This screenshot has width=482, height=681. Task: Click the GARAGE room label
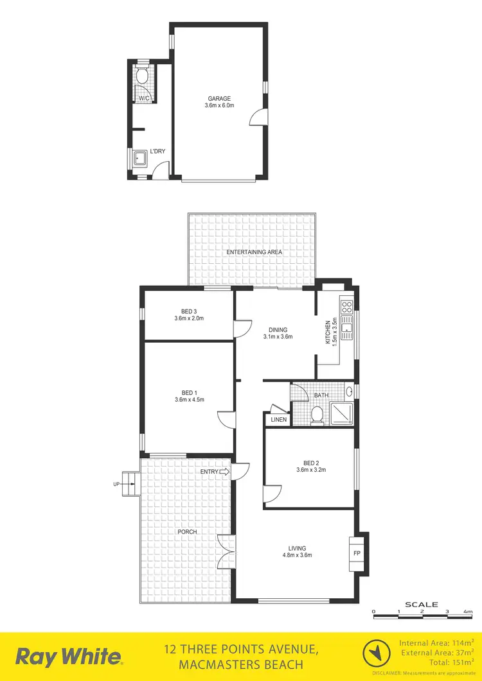(x=218, y=99)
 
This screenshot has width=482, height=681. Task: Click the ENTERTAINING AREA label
(x=254, y=252)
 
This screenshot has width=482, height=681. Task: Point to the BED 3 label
(x=188, y=311)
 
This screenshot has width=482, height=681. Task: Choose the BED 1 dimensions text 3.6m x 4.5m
(x=188, y=400)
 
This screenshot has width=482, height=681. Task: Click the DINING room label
(x=278, y=329)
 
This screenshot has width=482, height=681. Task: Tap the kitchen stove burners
(x=347, y=306)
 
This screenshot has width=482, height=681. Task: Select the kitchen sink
(x=347, y=330)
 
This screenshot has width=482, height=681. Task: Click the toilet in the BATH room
(x=317, y=416)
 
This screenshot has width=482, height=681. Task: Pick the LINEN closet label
(x=279, y=420)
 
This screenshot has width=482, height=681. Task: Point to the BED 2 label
(x=310, y=461)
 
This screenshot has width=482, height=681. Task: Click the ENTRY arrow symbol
(x=224, y=472)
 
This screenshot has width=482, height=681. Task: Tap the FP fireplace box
(x=357, y=553)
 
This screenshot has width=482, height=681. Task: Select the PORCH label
(x=188, y=531)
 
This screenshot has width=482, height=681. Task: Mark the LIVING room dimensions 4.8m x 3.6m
(x=296, y=555)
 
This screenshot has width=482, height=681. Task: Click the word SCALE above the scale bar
(x=422, y=605)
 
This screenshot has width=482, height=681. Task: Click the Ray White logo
(x=69, y=657)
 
